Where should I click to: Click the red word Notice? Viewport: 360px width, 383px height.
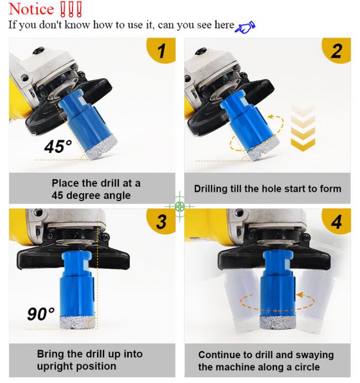tap(31, 9)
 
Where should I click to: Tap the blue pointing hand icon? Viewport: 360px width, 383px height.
tap(245, 27)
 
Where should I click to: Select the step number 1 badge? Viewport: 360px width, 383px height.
tap(161, 51)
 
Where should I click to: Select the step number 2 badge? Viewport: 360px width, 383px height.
tap(337, 51)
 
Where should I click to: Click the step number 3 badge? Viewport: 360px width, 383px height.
tap(161, 222)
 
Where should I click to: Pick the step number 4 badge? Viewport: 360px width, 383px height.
tap(337, 222)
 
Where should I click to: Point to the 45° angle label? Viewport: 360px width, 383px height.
tap(58, 147)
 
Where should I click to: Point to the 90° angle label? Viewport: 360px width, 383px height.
tap(41, 314)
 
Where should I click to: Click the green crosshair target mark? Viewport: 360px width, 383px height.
tap(179, 206)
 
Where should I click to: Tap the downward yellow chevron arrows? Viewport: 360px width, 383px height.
tap(303, 127)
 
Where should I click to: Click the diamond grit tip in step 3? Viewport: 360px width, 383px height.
tap(78, 322)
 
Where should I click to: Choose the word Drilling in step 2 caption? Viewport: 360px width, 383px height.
tap(210, 189)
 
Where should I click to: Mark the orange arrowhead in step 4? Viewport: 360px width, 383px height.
tap(300, 295)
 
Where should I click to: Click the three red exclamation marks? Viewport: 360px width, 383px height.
tap(71, 10)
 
